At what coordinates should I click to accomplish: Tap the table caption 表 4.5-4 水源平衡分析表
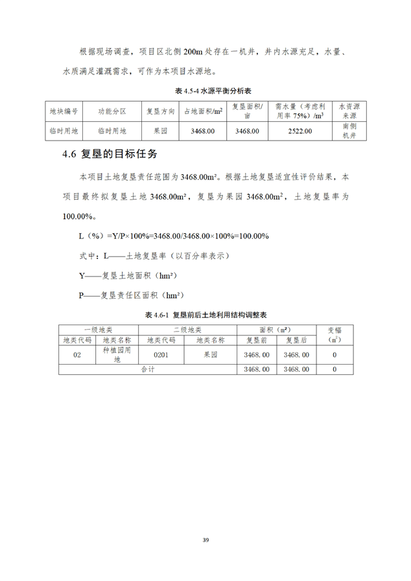(x=205, y=89)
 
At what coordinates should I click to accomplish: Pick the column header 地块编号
(x=64, y=111)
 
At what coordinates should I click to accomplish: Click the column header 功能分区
(x=112, y=111)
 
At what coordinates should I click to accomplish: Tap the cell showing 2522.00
(x=299, y=131)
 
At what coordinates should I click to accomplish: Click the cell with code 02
(x=77, y=355)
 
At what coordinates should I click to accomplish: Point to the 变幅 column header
(x=334, y=334)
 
